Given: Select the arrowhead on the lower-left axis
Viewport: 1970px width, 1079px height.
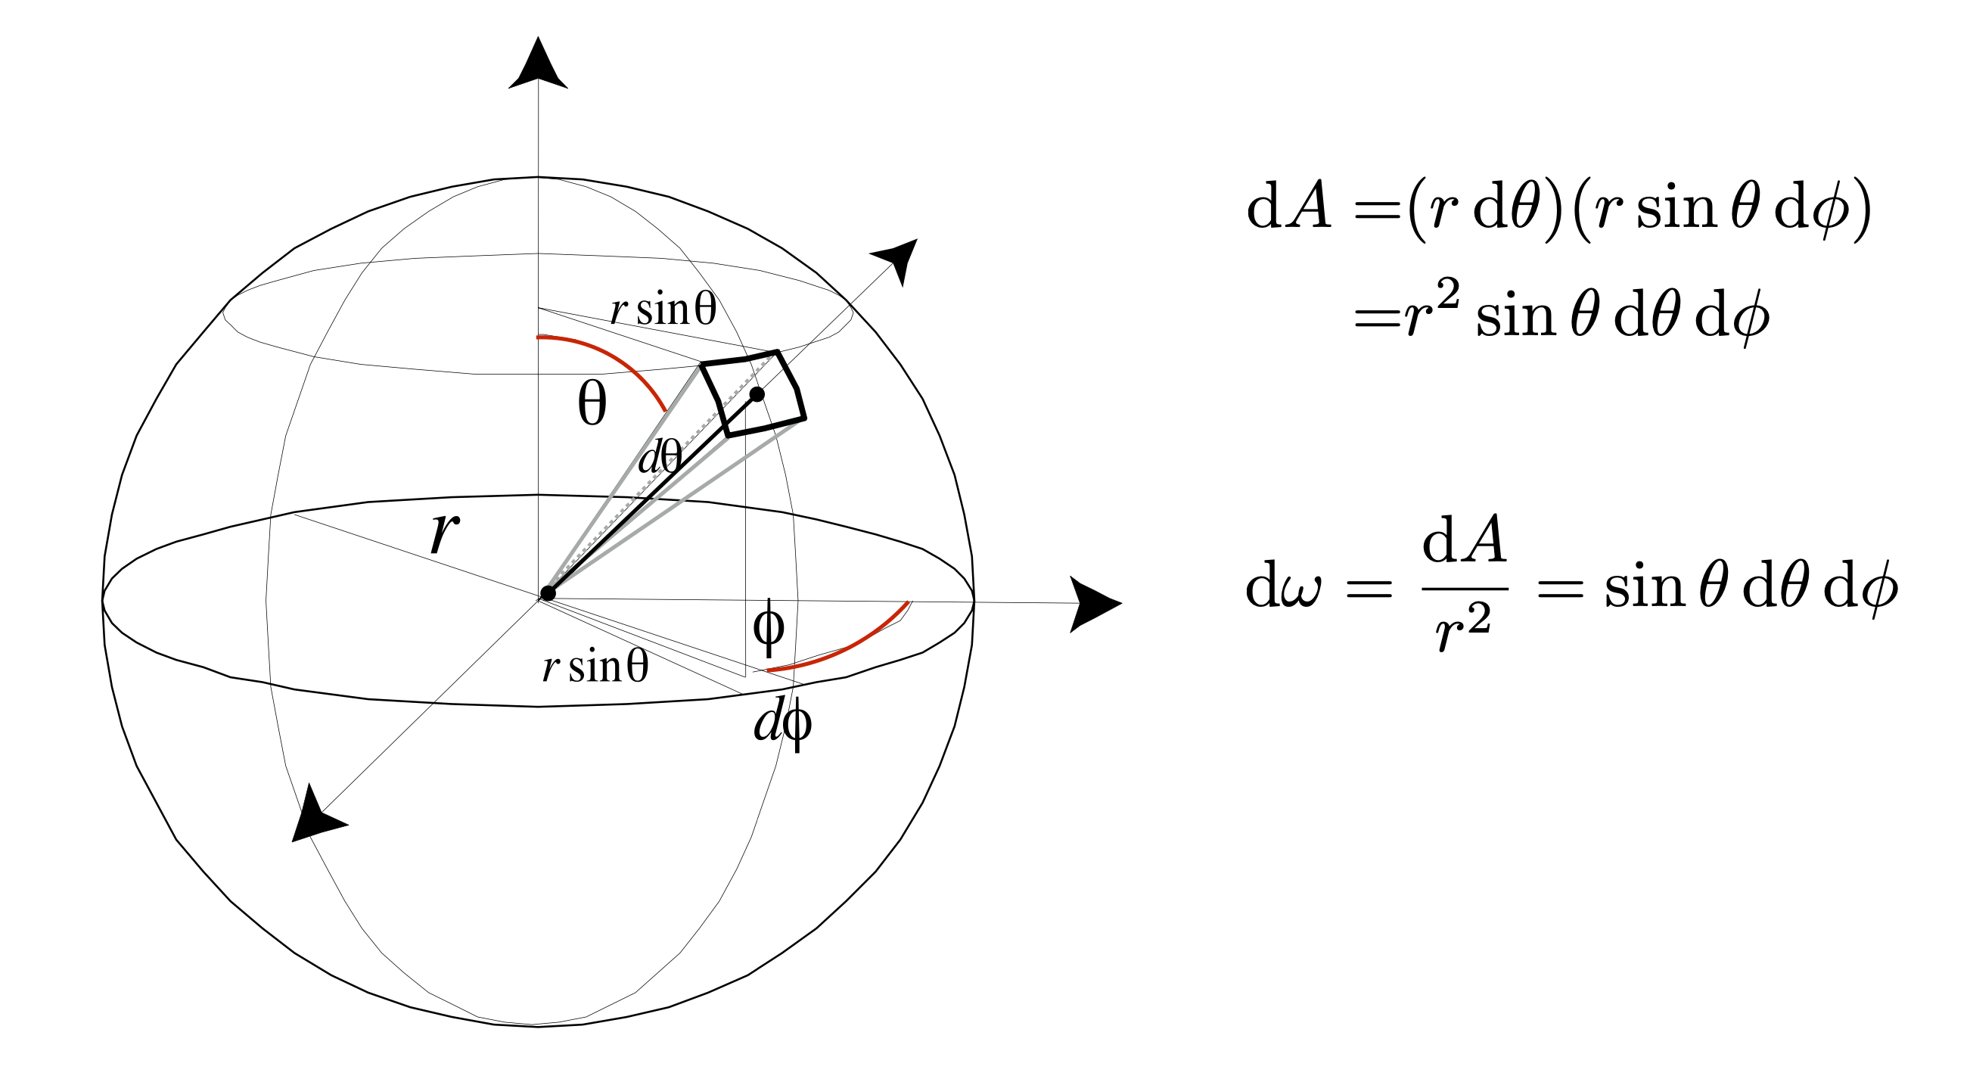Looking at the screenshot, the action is pyautogui.click(x=314, y=816).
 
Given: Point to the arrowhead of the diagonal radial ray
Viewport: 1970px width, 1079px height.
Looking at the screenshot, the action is pyautogui.click(x=899, y=258).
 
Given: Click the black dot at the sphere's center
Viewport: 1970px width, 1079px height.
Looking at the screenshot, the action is pyautogui.click(x=548, y=593).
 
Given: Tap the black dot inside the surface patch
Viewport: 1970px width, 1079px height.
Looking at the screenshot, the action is pyautogui.click(x=757, y=393).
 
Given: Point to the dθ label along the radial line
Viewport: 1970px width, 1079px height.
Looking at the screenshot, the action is pyautogui.click(x=659, y=458).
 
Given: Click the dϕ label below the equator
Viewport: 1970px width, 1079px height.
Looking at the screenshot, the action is pyautogui.click(x=782, y=722).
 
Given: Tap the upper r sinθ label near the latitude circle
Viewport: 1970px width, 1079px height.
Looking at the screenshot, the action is pyautogui.click(x=663, y=309).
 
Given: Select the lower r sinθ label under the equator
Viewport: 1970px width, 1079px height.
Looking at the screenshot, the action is pyautogui.click(x=595, y=666).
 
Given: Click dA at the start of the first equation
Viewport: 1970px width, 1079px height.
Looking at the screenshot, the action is pyautogui.click(x=1289, y=207).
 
